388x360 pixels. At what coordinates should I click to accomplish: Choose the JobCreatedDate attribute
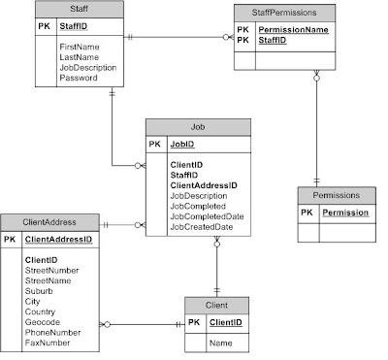coord(202,227)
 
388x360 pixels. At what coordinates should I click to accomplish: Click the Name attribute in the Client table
coord(220,344)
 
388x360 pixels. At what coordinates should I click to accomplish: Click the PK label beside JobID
coord(155,143)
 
